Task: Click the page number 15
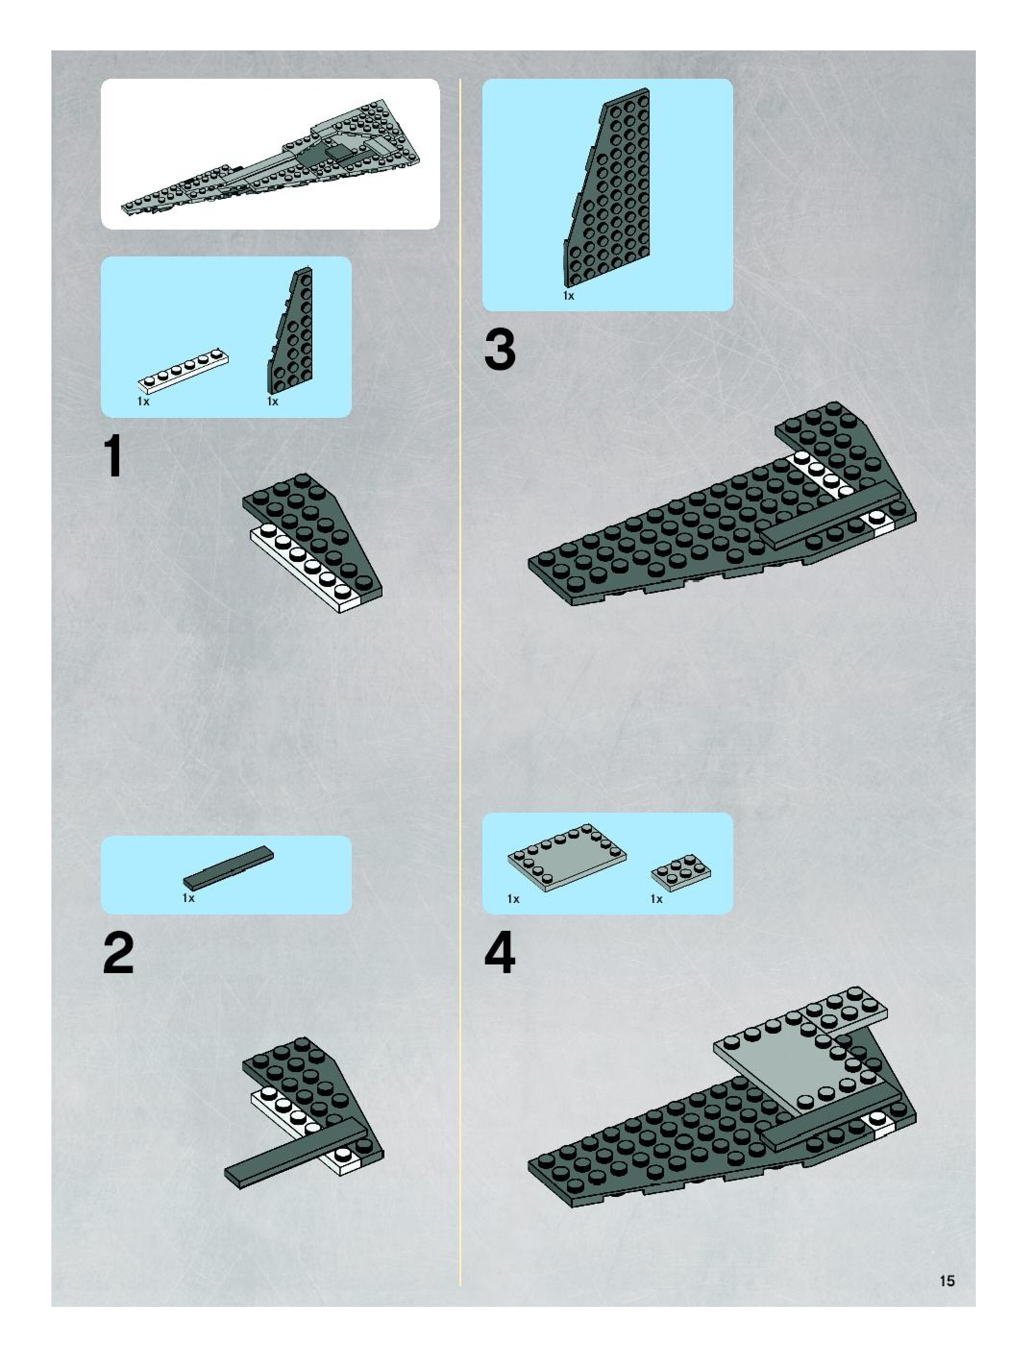click(947, 1280)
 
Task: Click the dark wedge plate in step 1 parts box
click(291, 331)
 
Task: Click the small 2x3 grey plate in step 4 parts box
click(681, 872)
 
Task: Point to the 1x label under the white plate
click(143, 402)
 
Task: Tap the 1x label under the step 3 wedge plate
click(568, 296)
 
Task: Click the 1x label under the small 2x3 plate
click(656, 899)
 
